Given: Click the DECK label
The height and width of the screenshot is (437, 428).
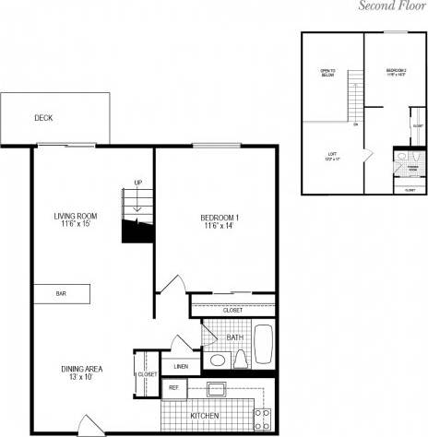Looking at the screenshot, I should pyautogui.click(x=43, y=118).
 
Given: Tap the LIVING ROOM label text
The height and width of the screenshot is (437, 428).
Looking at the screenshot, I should pyautogui.click(x=76, y=218).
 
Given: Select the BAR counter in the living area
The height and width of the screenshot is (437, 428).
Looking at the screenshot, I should pyautogui.click(x=61, y=293).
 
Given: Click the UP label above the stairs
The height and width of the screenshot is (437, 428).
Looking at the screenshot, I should pyautogui.click(x=138, y=183).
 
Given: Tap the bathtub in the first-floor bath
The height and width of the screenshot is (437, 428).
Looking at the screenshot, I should pyautogui.click(x=264, y=346).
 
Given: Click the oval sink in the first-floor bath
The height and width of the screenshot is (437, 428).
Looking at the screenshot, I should pyautogui.click(x=218, y=360).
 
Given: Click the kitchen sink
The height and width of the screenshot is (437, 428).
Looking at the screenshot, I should pyautogui.click(x=217, y=388).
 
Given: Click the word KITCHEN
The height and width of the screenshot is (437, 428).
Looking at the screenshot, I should pyautogui.click(x=204, y=417).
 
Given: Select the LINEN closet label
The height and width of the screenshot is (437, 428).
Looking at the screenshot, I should pyautogui.click(x=181, y=366).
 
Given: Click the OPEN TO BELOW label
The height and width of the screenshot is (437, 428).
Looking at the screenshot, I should pyautogui.click(x=327, y=73).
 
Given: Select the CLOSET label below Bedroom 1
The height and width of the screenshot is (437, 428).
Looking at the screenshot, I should pyautogui.click(x=232, y=310).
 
